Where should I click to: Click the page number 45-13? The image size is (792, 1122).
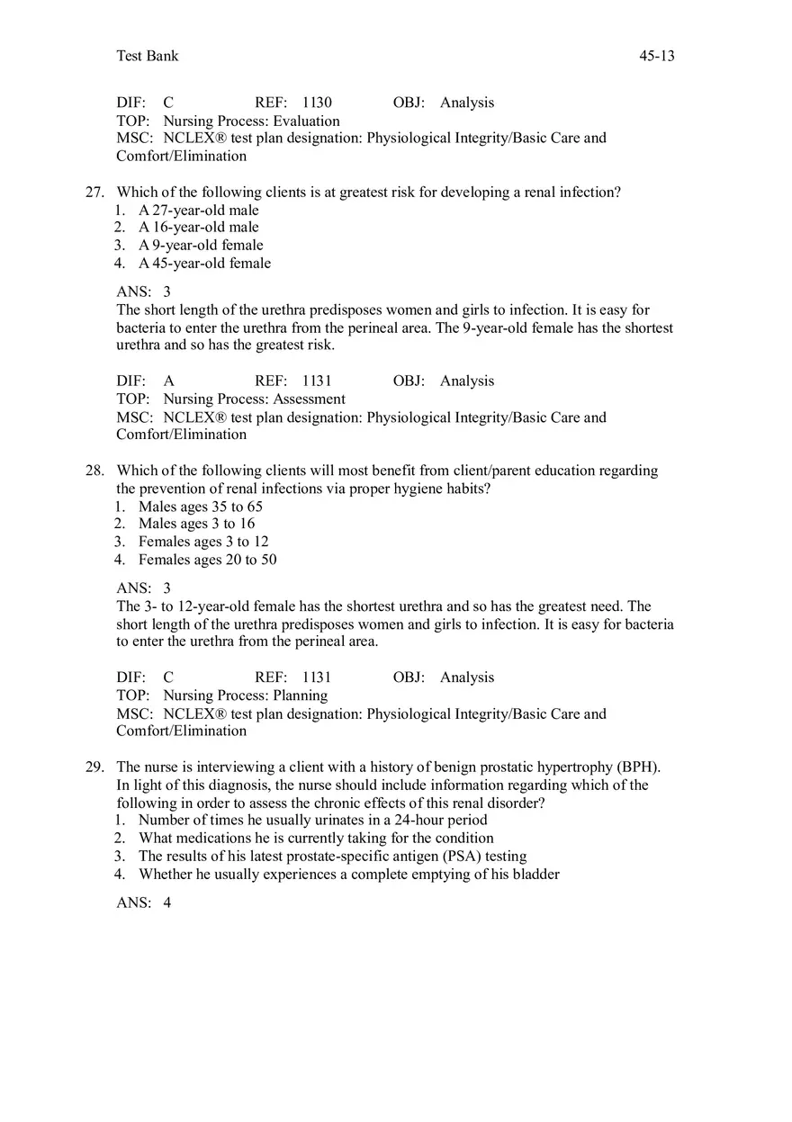coord(656,56)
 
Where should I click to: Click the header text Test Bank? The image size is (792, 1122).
coord(148,56)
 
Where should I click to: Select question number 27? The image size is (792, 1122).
coord(94,192)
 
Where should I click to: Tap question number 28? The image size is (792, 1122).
coord(94,471)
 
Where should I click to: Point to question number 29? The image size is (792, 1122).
coord(94,767)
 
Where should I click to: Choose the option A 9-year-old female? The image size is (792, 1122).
coord(201,245)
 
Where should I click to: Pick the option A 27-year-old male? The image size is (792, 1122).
coord(198,210)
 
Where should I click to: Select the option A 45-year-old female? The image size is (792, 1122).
coord(204,263)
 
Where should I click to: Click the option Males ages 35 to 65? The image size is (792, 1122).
coord(201,506)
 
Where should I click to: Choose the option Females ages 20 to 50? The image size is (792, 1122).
coord(207,560)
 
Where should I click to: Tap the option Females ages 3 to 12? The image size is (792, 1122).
coord(203,542)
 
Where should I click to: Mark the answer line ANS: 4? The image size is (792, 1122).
coord(144,902)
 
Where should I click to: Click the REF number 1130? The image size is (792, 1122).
coord(317,103)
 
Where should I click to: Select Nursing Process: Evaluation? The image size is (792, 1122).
coord(251,121)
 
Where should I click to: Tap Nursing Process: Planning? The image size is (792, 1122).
coord(245,696)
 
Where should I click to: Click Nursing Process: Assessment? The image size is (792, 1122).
coord(254,399)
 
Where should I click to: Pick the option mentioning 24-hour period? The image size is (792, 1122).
coord(312,820)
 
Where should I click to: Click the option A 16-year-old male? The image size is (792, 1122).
coord(198,227)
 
